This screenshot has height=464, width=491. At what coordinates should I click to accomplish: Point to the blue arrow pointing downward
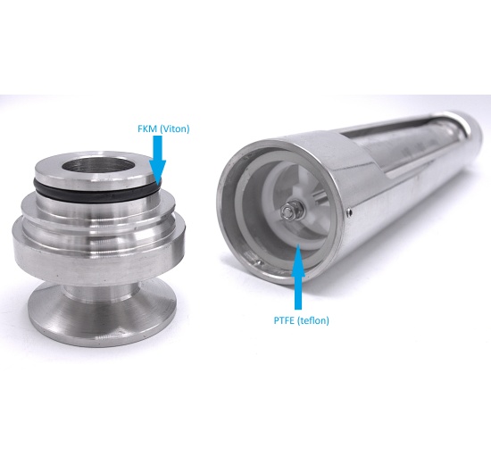pyautogui.click(x=158, y=160)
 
